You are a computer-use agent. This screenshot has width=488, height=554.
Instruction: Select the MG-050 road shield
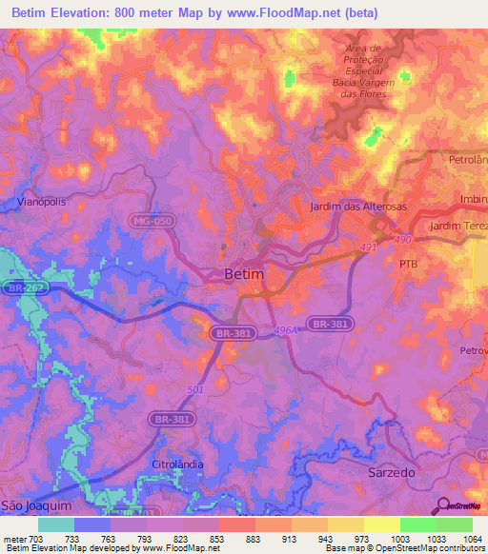pyautogui.click(x=152, y=221)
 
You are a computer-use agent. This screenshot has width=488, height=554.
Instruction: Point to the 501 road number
pyautogui.click(x=195, y=389)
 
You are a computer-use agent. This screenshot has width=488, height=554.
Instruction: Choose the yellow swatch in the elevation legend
pyautogui.click(x=382, y=524)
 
